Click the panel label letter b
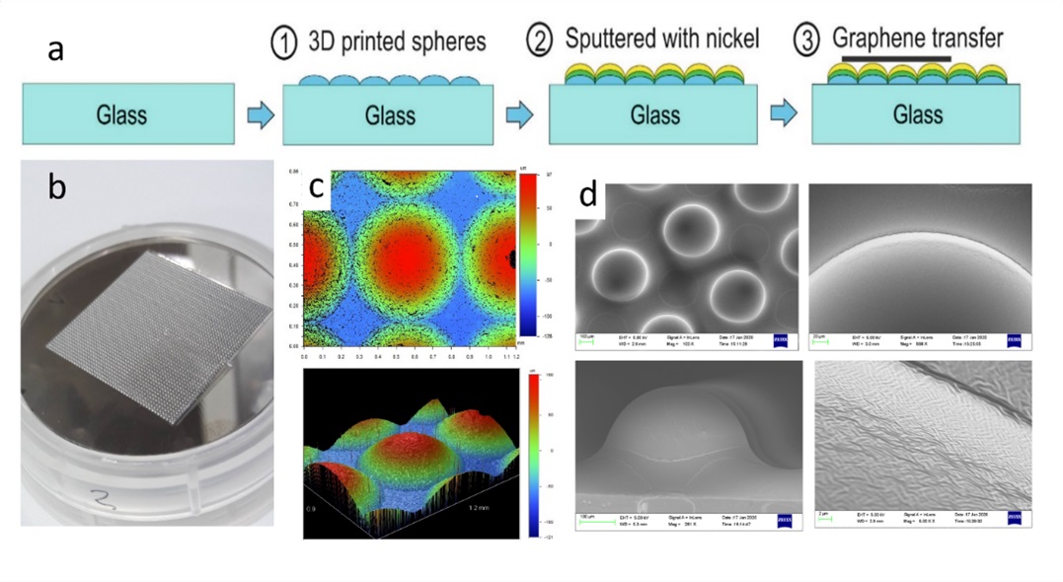point(57,184)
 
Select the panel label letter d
point(589,194)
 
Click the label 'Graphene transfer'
point(917,39)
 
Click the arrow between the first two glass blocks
point(260,114)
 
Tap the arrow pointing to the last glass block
point(786,114)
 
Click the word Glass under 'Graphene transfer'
point(917,114)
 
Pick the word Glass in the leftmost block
point(122,114)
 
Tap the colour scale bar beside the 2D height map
point(524,256)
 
